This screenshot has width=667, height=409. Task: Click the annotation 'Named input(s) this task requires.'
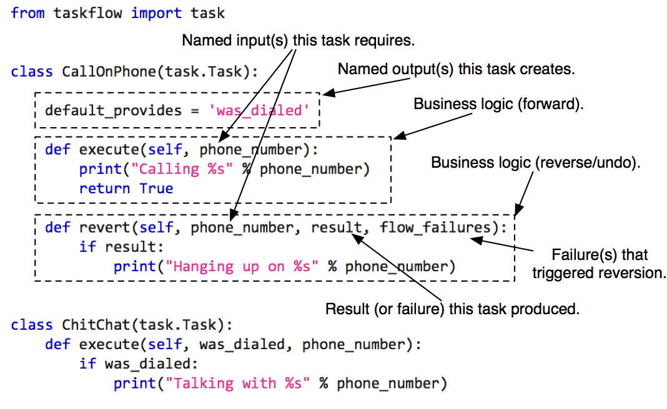(299, 41)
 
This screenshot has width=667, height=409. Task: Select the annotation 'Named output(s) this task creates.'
(456, 69)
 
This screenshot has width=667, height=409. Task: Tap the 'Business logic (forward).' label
(498, 105)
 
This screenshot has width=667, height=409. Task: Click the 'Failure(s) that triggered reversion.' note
(600, 264)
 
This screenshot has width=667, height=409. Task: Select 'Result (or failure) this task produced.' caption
(453, 309)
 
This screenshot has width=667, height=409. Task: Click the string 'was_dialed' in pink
(259, 111)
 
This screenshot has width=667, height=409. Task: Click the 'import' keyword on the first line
(154, 12)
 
